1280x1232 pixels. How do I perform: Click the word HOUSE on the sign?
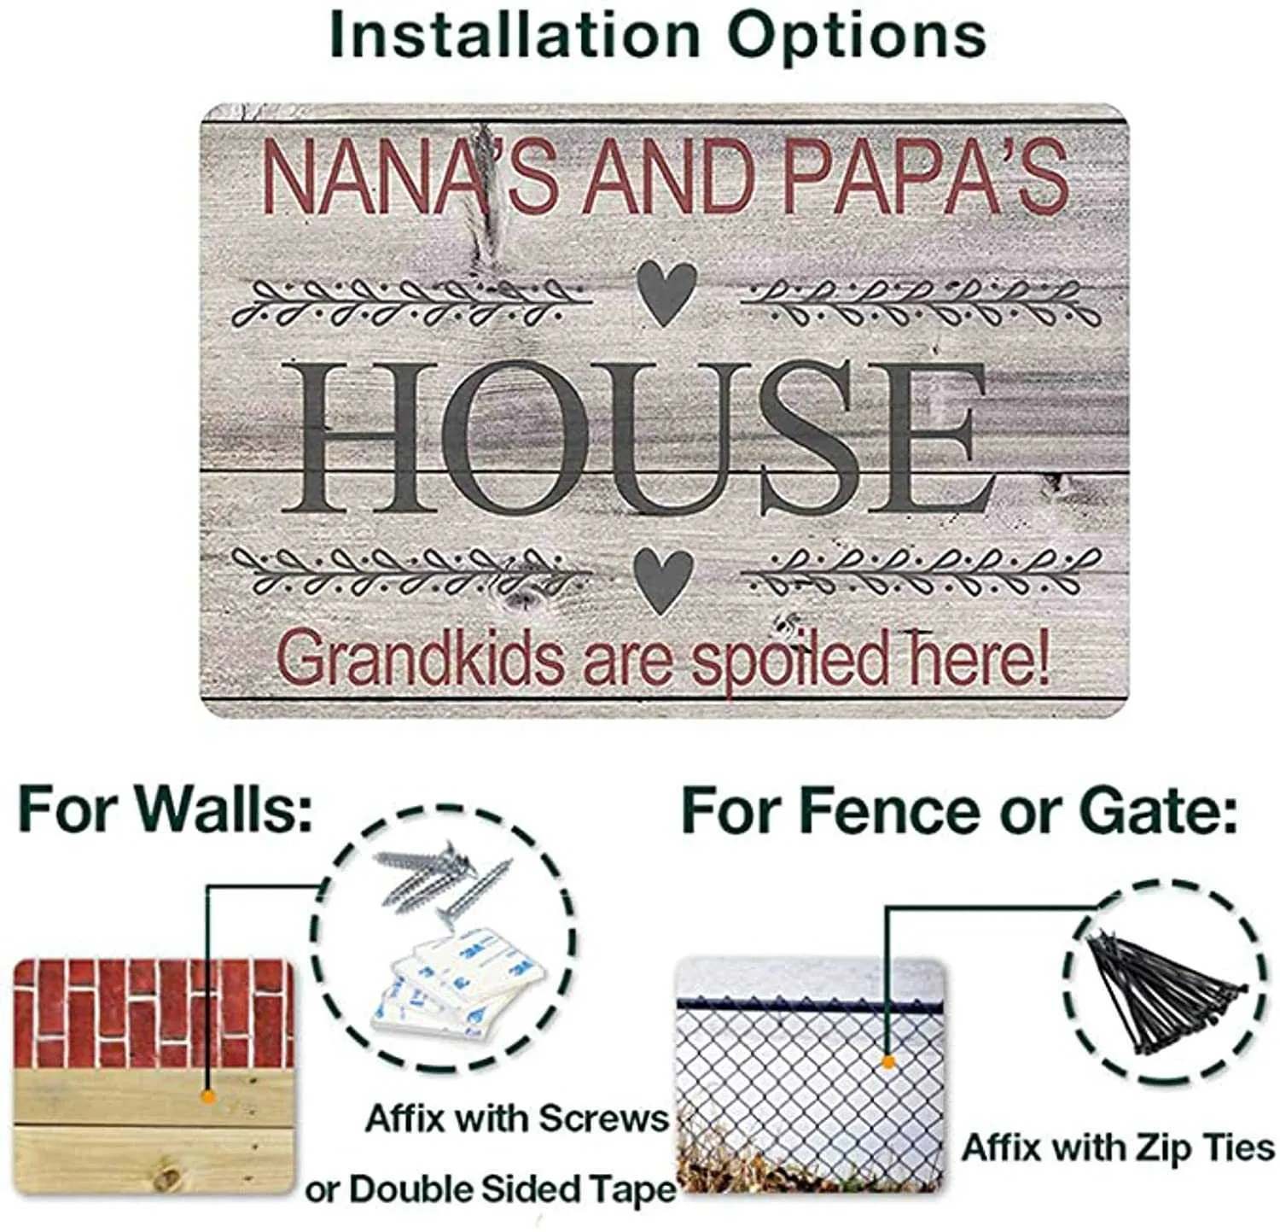pyautogui.click(x=637, y=437)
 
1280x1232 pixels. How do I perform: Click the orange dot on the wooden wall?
pyautogui.click(x=206, y=1095)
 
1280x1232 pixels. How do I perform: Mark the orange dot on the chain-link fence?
pyautogui.click(x=887, y=1062)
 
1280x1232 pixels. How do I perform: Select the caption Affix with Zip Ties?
pyautogui.click(x=1118, y=1147)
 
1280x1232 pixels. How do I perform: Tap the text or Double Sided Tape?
pyautogui.click(x=490, y=1188)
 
